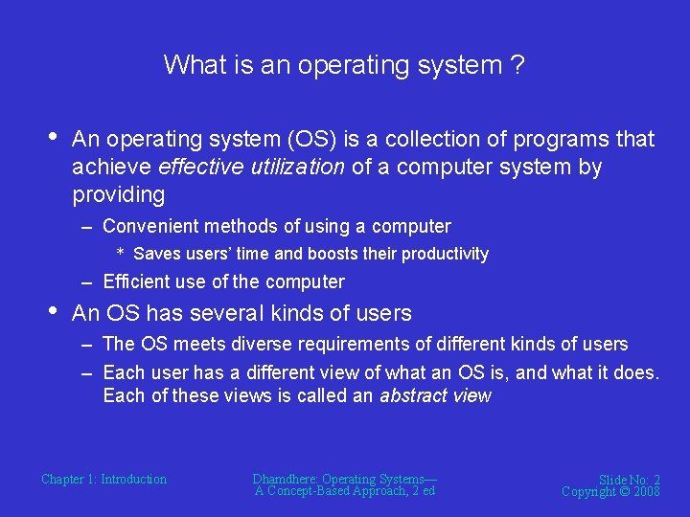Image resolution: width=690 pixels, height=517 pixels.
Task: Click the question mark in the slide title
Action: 517,65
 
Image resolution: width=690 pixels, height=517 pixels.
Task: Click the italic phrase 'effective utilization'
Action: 251,168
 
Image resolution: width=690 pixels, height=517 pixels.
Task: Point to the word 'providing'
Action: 119,195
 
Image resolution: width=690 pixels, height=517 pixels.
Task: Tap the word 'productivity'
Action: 445,255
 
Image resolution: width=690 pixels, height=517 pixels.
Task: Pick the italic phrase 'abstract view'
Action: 436,395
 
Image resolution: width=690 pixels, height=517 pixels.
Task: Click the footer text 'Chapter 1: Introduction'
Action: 103,480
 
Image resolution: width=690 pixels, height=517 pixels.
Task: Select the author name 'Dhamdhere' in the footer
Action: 285,479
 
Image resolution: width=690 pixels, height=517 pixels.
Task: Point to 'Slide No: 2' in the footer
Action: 629,480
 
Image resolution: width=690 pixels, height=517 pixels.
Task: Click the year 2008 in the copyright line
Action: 646,491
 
